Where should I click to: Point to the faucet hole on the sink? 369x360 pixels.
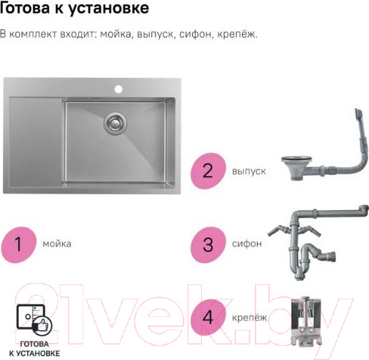[x=118, y=89]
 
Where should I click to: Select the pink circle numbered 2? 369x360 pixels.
[x=208, y=171]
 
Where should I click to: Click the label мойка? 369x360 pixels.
[x=56, y=244]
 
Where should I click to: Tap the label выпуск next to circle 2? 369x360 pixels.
[x=248, y=171]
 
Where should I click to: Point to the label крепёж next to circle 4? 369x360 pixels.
[x=248, y=317]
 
